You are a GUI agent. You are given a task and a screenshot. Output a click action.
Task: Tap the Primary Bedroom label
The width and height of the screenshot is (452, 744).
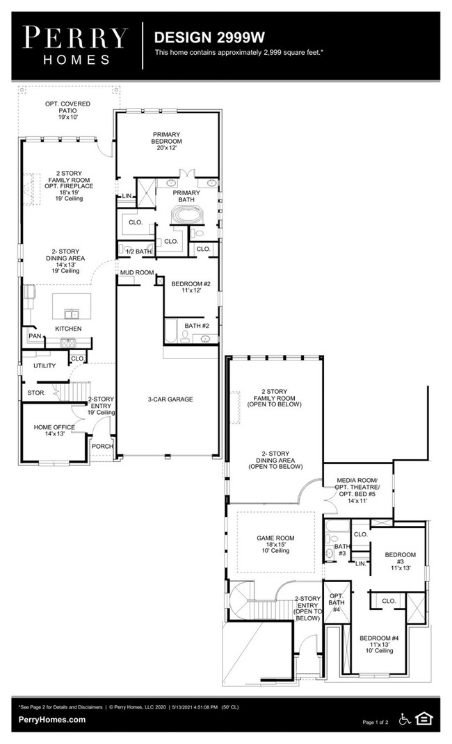pos(167,141)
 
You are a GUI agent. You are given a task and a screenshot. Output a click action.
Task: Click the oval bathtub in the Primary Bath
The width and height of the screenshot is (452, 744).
pos(186,215)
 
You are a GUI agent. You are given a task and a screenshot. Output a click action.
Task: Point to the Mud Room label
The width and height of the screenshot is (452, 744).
pos(136,273)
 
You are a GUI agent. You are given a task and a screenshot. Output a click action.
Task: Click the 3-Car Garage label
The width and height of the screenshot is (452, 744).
pos(170,399)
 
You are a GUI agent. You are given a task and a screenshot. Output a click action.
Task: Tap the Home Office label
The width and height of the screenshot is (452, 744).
pos(49,430)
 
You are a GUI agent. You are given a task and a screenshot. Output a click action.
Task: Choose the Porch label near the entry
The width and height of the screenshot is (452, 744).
pos(102,447)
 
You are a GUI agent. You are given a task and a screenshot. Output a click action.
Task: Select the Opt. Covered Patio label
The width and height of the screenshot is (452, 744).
pos(68,110)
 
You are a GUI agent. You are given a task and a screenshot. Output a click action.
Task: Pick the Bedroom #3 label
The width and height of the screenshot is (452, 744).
pos(400,561)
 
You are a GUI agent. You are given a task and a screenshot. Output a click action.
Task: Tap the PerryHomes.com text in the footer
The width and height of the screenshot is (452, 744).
pos(53,720)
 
